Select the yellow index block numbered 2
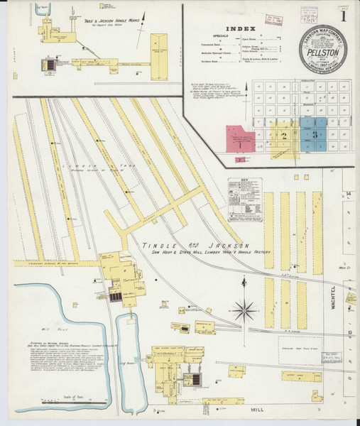tap(284, 134)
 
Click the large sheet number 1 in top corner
tap(344, 15)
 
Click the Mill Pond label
tap(48, 329)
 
